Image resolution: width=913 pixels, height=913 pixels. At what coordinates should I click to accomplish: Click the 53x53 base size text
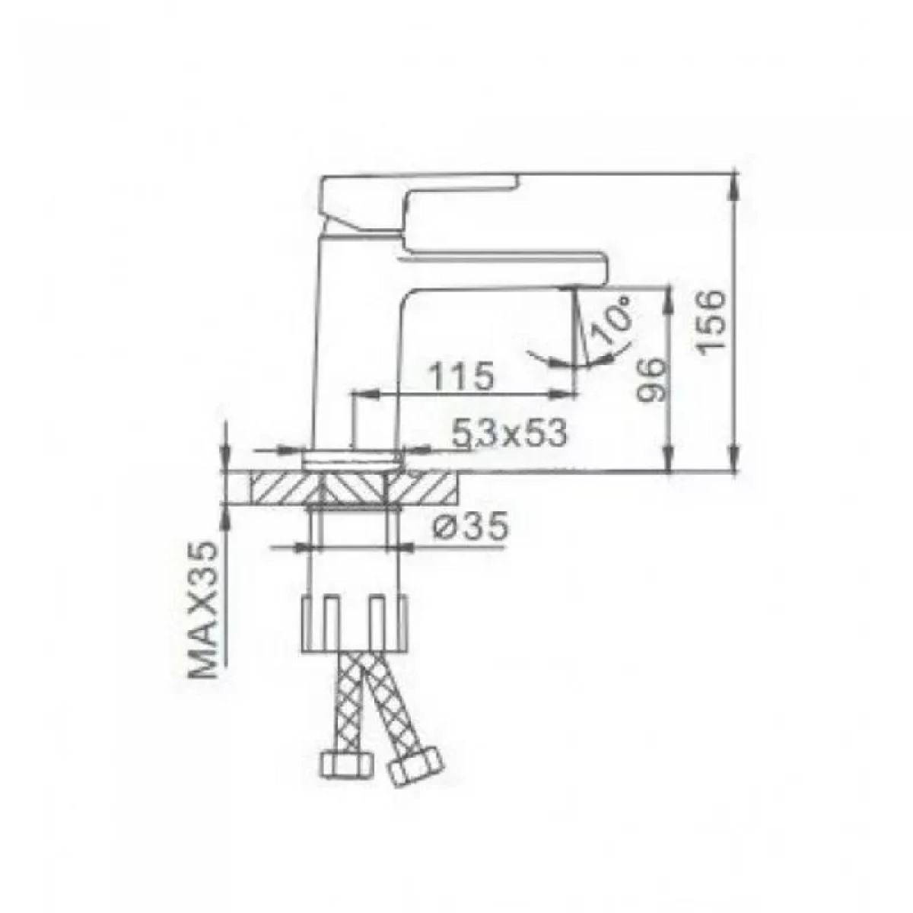pyautogui.click(x=509, y=433)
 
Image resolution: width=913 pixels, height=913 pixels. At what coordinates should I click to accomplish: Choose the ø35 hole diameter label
pyautogui.click(x=471, y=526)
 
